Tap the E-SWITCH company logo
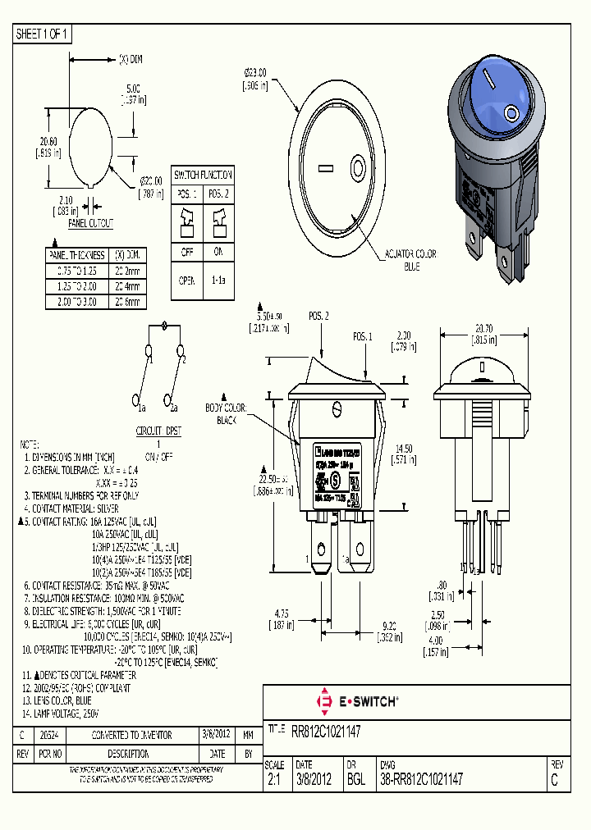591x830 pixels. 357,701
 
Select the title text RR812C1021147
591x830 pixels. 327,729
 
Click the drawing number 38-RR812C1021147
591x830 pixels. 421,780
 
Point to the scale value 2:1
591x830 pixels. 275,780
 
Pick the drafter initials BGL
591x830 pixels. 355,780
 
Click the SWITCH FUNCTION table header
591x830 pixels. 203,175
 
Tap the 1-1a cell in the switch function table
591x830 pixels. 219,280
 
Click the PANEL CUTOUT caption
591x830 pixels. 90,223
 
